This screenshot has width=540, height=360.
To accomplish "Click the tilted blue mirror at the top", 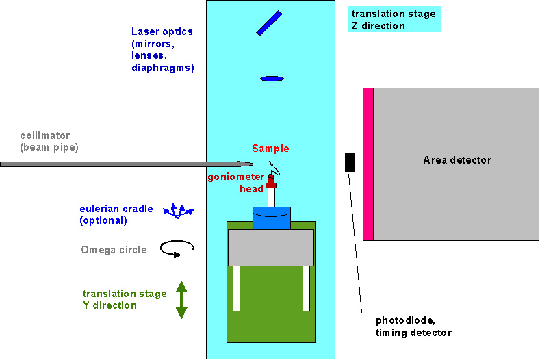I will click(270, 23).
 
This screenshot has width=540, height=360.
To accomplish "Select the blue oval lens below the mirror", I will click(272, 79).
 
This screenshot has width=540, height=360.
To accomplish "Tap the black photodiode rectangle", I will click(350, 162).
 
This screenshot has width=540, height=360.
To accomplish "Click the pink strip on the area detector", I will click(368, 164).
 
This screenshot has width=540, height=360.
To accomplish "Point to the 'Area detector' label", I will click(457, 160).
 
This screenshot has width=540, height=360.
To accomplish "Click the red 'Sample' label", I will click(270, 149).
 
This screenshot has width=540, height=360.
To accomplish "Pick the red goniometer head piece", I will click(271, 181).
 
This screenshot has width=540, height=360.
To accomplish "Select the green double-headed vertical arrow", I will click(181, 300).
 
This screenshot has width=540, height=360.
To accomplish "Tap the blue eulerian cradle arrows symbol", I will click(178, 210).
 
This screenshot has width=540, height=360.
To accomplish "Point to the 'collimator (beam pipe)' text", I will click(45, 141).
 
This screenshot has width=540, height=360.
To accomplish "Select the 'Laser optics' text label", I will click(162, 49).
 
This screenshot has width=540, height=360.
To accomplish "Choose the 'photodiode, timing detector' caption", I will click(413, 326).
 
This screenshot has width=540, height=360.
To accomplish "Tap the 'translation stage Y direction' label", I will click(125, 299).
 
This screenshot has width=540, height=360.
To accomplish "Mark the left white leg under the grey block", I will click(236, 288).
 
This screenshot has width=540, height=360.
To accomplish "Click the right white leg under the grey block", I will click(307, 288).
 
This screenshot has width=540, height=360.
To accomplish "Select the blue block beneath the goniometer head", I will click(272, 218).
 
